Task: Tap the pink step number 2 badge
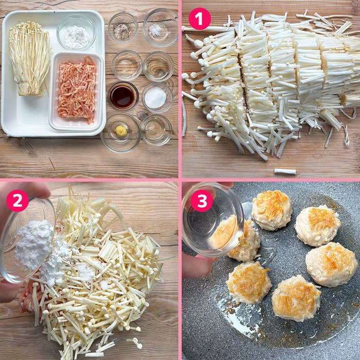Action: pos(17,200)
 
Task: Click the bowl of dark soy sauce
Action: pos(123,96)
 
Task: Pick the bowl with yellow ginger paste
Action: pos(121,132)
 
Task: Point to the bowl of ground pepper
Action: pos(122,29)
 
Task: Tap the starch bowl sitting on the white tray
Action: pos(76,33)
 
